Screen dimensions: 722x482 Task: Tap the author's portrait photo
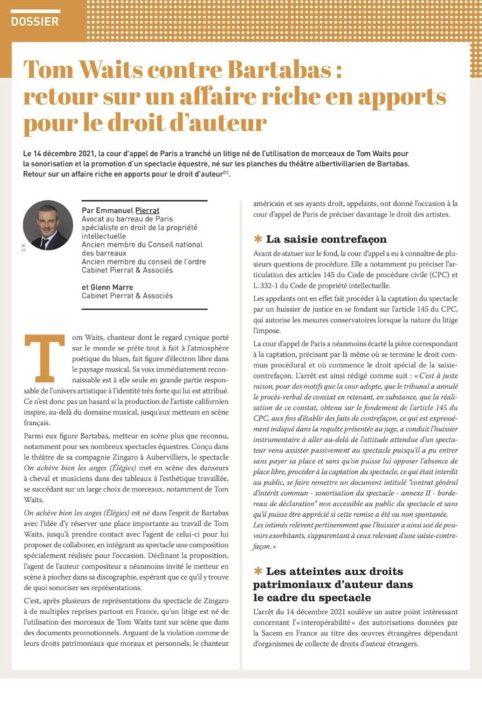48,225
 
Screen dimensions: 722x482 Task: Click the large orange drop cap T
44,357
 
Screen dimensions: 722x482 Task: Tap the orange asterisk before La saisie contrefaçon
258,239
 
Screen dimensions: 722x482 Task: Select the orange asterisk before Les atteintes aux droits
258,571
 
